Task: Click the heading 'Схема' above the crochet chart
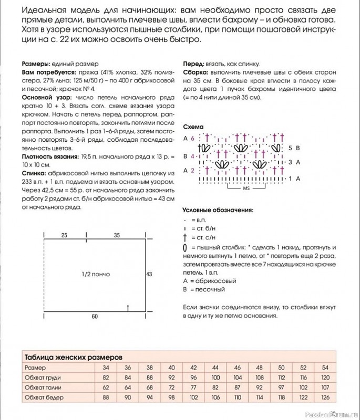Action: tap(193, 127)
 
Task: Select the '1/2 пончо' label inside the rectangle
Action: tap(96, 274)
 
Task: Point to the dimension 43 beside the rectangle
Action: tap(149, 274)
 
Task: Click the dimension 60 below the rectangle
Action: tap(95, 317)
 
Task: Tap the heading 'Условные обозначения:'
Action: tap(218, 210)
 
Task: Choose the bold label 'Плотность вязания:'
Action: tap(50, 157)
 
